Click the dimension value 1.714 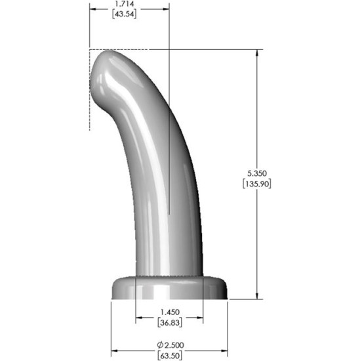(x=128, y=4)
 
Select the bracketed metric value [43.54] (x=128, y=14)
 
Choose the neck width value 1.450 (x=169, y=312)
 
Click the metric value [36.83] (x=169, y=322)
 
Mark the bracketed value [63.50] (x=169, y=355)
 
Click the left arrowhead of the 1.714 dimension (x=93, y=9)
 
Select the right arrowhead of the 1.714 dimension (x=165, y=9)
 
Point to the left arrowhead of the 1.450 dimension (x=139, y=318)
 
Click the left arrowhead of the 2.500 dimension (x=115, y=350)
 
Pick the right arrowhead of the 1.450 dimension (x=199, y=318)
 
